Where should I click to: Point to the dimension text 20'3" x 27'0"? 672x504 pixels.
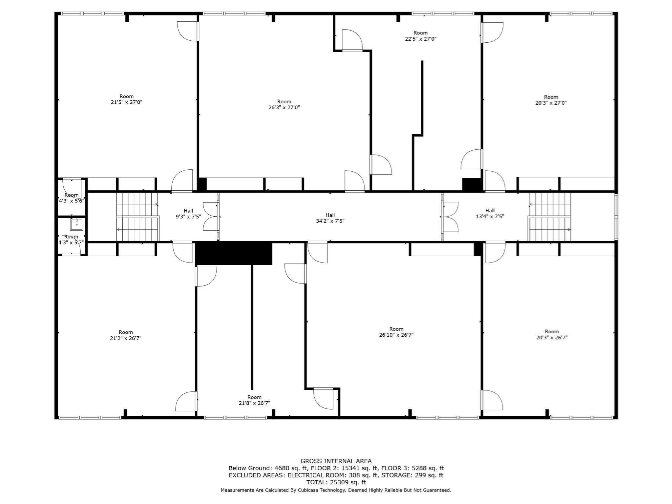click(551, 103)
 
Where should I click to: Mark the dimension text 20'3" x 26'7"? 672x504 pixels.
click(552, 337)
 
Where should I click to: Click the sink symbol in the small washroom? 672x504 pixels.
click(76, 224)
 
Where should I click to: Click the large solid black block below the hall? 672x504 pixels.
click(234, 253)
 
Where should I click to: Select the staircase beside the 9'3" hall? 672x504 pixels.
click(137, 217)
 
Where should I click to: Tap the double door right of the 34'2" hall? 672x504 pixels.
click(450, 217)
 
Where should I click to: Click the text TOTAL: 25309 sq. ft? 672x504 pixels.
click(336, 482)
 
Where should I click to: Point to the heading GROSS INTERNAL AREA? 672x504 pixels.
click(336, 461)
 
